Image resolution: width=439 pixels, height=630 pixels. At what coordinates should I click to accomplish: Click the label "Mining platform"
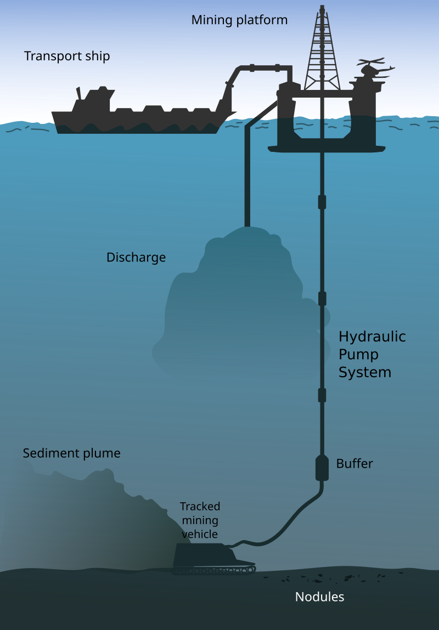tap(239, 20)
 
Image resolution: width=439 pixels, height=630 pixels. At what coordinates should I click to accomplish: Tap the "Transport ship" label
tap(67, 56)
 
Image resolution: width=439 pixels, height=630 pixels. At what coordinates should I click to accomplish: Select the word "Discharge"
tap(136, 257)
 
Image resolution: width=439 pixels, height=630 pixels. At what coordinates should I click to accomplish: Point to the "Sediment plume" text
tap(71, 453)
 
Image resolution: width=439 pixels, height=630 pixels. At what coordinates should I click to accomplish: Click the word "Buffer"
tap(354, 464)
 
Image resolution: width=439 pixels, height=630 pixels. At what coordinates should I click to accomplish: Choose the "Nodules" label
tap(319, 597)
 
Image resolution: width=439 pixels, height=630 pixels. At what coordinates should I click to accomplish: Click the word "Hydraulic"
tap(372, 336)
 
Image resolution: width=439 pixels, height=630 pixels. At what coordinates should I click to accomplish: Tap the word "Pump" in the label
tap(358, 354)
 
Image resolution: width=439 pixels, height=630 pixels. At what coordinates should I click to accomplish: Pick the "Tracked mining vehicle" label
tap(200, 520)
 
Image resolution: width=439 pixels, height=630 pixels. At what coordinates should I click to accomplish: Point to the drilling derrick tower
tap(322, 49)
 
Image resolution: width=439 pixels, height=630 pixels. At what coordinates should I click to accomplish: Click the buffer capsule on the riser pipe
tap(322, 468)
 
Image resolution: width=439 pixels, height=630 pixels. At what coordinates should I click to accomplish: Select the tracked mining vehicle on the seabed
tap(211, 557)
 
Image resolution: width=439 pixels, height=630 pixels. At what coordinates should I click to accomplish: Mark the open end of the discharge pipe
tap(247, 224)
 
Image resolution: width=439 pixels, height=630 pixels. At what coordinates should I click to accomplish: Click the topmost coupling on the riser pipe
tap(322, 201)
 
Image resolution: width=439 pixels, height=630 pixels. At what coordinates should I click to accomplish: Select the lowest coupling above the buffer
tap(322, 395)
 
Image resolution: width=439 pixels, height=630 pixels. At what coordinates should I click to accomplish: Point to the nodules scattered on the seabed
tap(340, 577)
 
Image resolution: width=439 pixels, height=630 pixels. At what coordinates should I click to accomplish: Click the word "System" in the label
tap(365, 372)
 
